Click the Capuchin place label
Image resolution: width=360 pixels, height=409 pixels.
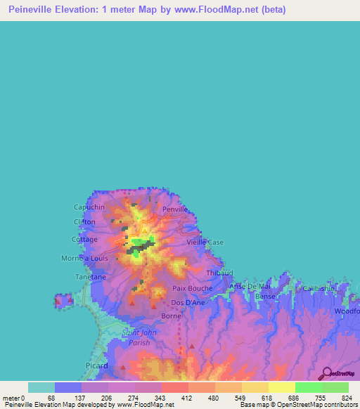89,207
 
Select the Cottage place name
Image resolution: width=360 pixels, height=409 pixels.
84,240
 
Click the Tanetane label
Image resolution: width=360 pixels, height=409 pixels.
91,277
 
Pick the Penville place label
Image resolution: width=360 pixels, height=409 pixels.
176,209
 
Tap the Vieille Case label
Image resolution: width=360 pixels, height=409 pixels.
205,242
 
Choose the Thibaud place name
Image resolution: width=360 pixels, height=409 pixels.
219,273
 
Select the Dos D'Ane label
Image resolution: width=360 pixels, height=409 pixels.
188,304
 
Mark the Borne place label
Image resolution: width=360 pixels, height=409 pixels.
172,316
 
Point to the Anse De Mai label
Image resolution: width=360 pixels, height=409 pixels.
250,287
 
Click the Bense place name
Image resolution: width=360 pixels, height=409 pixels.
265,297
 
